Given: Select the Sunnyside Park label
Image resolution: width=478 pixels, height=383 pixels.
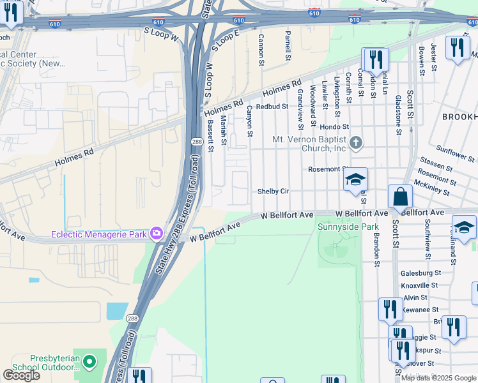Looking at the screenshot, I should pyautogui.click(x=348, y=227).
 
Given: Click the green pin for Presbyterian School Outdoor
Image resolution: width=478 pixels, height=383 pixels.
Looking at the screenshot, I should pyautogui.click(x=89, y=363).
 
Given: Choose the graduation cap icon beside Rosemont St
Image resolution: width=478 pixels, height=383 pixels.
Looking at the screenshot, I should pyautogui.click(x=355, y=179).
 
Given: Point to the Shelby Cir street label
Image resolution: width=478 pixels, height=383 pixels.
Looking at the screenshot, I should pyautogui.click(x=274, y=191).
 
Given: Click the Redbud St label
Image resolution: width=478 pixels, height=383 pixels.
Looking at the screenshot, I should pyautogui.click(x=268, y=107).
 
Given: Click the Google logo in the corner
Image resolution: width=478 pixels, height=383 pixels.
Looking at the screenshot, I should pyautogui.click(x=21, y=375).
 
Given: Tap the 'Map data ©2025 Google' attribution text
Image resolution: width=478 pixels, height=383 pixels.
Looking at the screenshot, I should pyautogui.click(x=439, y=378).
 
